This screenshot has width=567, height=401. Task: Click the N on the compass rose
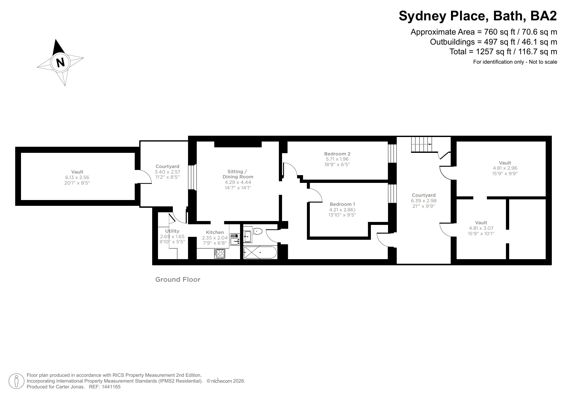click(60, 62)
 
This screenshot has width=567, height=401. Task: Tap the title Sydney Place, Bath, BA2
click(478, 16)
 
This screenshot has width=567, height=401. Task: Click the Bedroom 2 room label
click(337, 154)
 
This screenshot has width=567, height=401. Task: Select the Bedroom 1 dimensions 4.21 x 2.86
click(342, 209)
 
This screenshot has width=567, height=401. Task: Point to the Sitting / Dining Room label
click(238, 174)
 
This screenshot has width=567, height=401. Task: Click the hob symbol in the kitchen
click(220, 254)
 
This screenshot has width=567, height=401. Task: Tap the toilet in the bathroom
click(257, 231)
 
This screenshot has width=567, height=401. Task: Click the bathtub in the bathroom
click(260, 252)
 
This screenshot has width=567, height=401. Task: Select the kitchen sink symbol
click(235, 239)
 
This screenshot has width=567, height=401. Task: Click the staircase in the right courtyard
click(421, 144)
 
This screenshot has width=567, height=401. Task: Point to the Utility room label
click(172, 231)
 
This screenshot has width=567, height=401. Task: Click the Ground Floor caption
click(178, 280)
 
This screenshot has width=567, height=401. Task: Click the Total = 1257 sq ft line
click(503, 52)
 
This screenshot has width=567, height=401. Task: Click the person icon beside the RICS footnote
click(16, 381)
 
